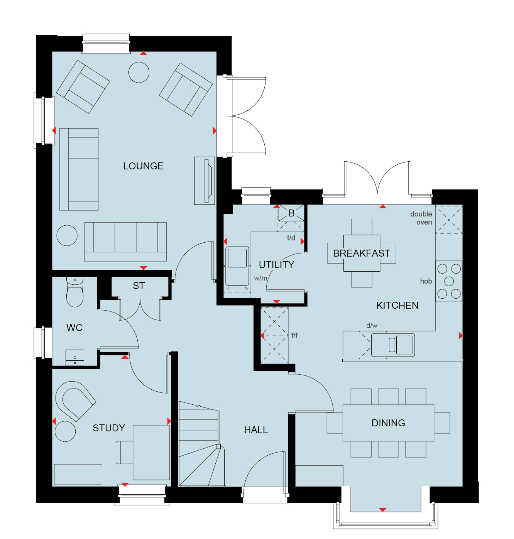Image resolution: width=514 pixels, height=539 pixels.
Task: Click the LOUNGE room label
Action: coord(143,166)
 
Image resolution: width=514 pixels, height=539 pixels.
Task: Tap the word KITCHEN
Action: coord(397,305)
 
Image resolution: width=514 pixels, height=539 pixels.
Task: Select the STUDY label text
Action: coord(108,428)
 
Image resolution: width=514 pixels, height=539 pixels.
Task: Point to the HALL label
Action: coord(256,430)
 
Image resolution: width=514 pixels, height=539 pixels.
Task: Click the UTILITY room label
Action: coord(276,265)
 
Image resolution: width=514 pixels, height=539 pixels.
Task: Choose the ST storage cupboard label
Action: coord(139,286)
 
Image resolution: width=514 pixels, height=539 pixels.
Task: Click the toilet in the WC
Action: coord(75,292)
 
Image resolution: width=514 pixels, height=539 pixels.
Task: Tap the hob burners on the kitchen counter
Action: coord(449,281)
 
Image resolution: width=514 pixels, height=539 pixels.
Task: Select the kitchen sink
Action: coord(393,345)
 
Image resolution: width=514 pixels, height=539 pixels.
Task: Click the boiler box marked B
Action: coord(291,213)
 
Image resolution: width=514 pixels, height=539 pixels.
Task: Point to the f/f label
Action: coord(294,335)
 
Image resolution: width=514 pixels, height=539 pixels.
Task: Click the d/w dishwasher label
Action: coord(372,325)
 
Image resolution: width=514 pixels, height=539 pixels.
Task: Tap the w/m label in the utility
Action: coord(260,278)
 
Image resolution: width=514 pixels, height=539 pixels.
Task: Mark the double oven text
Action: coord(421,218)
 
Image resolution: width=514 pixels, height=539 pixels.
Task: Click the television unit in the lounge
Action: coord(205,181)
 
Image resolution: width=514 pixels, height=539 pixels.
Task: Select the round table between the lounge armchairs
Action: coord(139,73)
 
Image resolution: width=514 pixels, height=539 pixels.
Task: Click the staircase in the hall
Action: coord(202,444)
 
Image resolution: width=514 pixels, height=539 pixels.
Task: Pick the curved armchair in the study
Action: coord(75,401)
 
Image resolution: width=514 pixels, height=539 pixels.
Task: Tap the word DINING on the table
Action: coord(388,423)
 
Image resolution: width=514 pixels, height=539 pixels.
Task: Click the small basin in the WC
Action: coord(75,358)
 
